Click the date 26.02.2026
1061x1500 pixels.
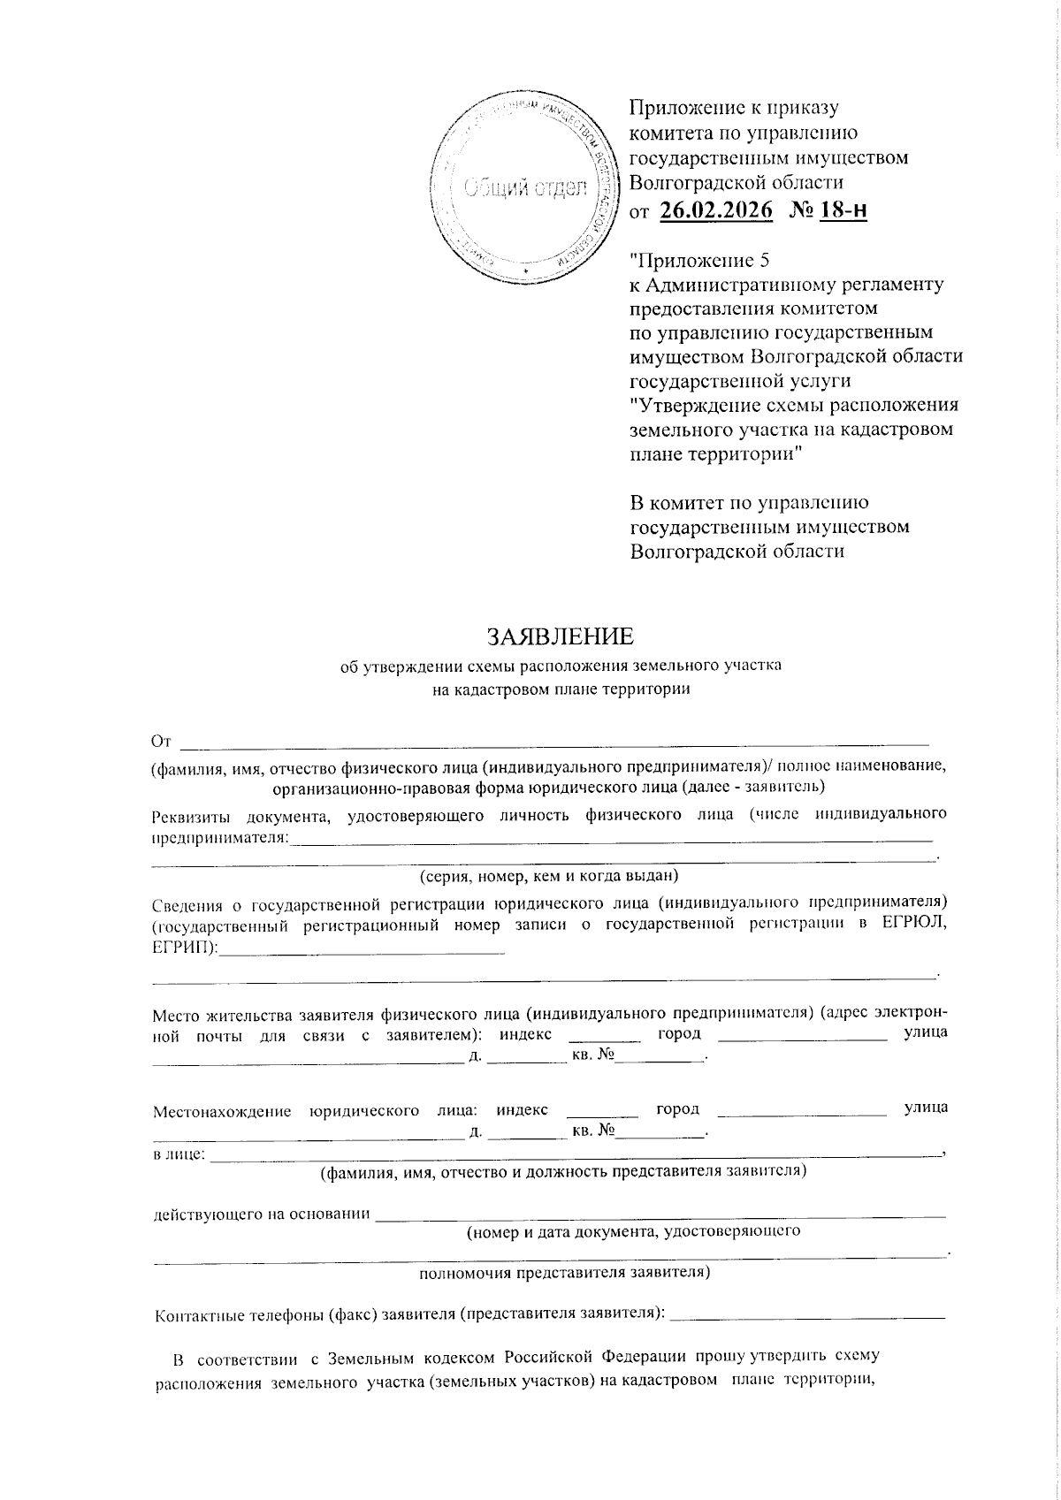click(x=715, y=210)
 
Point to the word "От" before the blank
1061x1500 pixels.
click(x=160, y=740)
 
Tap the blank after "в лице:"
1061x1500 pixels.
click(x=575, y=1154)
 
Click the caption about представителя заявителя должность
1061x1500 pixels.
click(x=562, y=1172)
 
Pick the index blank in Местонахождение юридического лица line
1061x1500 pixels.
click(x=602, y=1109)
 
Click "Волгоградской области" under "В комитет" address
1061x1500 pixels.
click(x=737, y=551)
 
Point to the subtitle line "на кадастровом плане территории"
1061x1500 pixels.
click(x=561, y=689)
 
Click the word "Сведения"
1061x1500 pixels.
click(x=187, y=903)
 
